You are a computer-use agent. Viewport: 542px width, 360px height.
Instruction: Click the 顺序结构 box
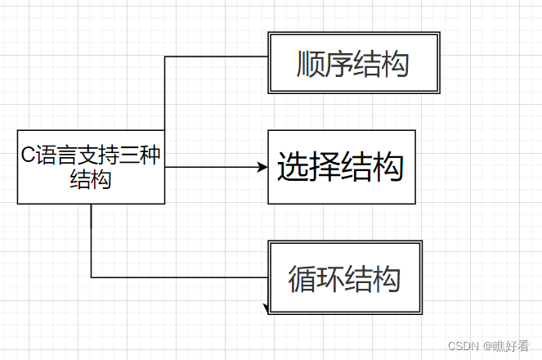tap(353, 63)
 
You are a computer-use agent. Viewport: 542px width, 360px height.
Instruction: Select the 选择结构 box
tap(341, 167)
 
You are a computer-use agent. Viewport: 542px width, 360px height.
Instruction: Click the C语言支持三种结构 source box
tap(91, 167)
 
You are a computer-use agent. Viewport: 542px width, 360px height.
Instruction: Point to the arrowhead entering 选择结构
tap(262, 167)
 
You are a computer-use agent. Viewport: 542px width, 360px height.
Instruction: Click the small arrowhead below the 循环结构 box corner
tap(266, 308)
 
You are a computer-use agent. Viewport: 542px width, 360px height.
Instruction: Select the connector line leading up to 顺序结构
tap(165, 98)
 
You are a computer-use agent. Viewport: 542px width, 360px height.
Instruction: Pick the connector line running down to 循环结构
tap(91, 245)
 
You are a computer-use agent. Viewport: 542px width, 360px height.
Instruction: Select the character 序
tap(339, 64)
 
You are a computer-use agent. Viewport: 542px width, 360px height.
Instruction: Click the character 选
tap(292, 168)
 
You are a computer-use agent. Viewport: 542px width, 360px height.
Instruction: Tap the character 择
tap(325, 168)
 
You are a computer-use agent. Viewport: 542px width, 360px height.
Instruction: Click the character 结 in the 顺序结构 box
tap(367, 64)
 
